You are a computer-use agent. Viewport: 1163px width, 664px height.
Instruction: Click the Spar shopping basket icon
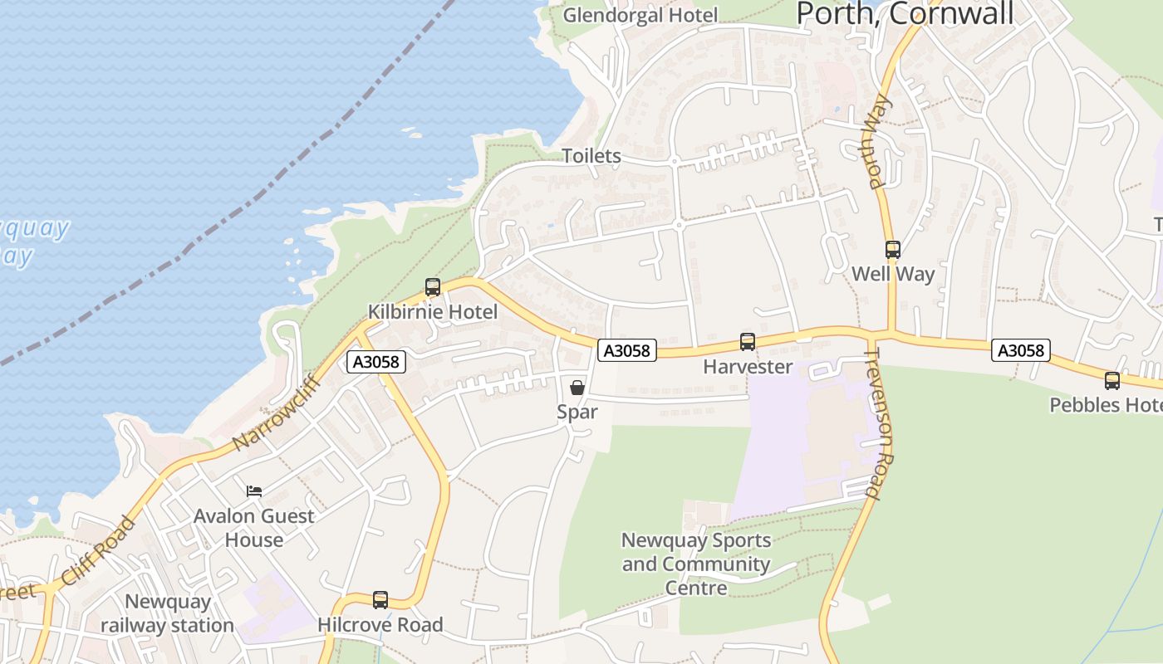(577, 388)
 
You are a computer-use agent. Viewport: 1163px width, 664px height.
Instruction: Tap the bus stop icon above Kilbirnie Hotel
(433, 287)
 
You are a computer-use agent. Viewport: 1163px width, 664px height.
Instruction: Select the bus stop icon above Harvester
(748, 342)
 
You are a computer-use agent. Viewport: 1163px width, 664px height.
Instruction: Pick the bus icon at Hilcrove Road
(380, 600)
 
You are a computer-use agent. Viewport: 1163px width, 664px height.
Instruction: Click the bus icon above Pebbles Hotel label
(1112, 381)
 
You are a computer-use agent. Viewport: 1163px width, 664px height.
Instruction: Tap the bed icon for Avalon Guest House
(254, 491)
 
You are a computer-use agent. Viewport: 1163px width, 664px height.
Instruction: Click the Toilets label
(591, 156)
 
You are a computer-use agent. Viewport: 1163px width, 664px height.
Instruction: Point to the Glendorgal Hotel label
(640, 15)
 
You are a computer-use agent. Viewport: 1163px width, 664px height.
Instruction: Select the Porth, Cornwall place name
(905, 13)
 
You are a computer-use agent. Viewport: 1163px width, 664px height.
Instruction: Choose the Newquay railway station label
(168, 613)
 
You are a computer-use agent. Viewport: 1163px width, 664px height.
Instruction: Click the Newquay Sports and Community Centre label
(696, 564)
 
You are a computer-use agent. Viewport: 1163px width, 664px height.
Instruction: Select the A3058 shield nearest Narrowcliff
(376, 362)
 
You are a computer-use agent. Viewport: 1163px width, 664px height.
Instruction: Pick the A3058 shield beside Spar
(626, 350)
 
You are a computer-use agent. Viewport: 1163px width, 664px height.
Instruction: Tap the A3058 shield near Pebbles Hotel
(1020, 350)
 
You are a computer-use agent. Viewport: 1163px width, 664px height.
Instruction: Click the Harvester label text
(748, 367)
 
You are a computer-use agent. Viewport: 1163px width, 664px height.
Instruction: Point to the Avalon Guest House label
(254, 528)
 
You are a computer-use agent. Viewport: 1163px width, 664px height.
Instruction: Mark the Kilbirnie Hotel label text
(433, 312)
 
